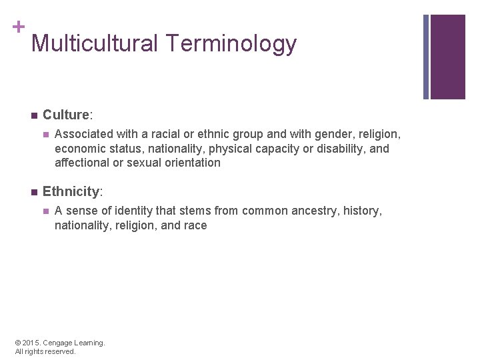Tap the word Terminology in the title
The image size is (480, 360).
(232, 44)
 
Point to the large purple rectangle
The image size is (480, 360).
(447, 57)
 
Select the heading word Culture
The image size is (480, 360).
(65, 115)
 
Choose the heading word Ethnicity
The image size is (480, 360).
(71, 191)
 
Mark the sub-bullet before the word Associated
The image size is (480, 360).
(45, 135)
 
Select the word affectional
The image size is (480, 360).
(84, 162)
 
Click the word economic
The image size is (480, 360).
(79, 148)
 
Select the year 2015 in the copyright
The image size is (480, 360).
(31, 343)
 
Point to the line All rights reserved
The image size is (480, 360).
(45, 351)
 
